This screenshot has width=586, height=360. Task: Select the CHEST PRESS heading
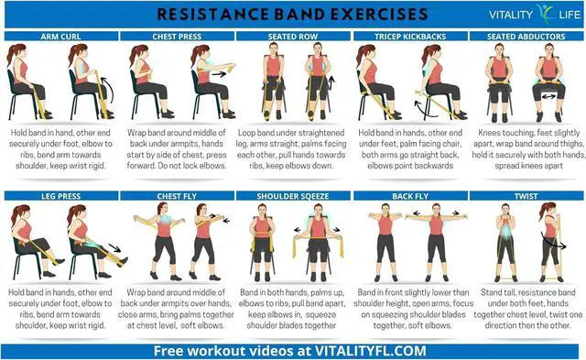tap(176, 36)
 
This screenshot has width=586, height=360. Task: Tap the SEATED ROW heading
tap(293, 36)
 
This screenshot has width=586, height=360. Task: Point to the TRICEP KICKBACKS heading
tap(409, 36)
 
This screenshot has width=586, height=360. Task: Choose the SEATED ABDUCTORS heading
tap(526, 36)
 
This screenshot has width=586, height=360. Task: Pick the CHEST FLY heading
tap(176, 195)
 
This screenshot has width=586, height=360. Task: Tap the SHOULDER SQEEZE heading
tap(293, 195)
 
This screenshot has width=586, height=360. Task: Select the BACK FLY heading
tap(409, 195)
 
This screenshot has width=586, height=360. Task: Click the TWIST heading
tap(526, 195)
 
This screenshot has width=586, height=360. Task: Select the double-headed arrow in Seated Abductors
tap(550, 95)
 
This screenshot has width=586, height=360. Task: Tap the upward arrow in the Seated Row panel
tap(333, 85)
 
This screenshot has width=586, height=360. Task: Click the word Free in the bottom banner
tap(170, 350)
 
